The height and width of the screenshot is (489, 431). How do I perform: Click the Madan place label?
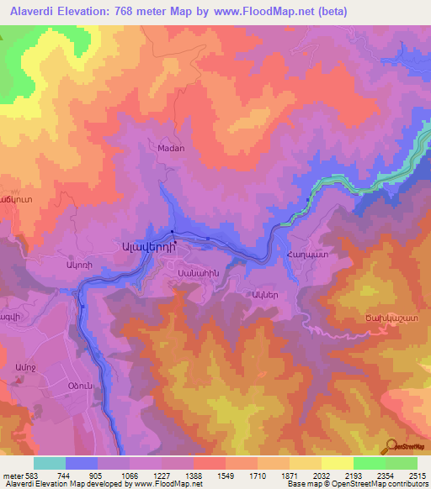click(x=171, y=148)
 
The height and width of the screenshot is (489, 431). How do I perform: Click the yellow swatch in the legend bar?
click(x=336, y=463)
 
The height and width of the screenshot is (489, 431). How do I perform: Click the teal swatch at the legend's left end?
click(x=50, y=463)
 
